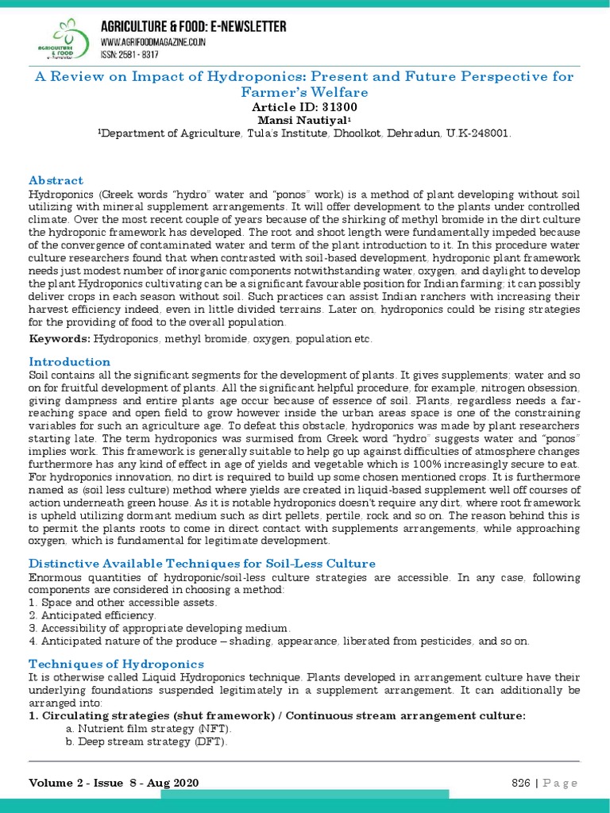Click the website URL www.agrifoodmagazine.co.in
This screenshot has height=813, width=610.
tap(152, 42)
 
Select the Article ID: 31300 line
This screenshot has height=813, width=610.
tap(304, 106)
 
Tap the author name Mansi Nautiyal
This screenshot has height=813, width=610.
tap(304, 120)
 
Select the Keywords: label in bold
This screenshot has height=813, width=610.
tap(60, 339)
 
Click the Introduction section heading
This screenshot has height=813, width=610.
tap(69, 361)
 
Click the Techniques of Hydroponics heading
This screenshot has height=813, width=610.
tap(116, 663)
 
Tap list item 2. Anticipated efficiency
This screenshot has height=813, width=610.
tap(92, 615)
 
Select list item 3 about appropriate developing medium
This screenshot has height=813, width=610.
tap(154, 627)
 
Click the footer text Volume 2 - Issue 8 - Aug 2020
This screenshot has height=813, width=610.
tap(114, 783)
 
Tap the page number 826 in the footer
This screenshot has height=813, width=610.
tap(520, 783)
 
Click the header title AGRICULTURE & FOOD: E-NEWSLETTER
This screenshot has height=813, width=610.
tap(193, 27)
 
